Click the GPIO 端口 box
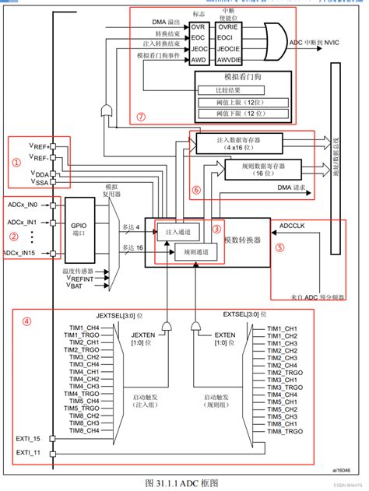pyautogui.click(x=78, y=227)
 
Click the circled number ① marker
pyautogui.click(x=15, y=163)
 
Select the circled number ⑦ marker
pyautogui.click(x=141, y=117)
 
